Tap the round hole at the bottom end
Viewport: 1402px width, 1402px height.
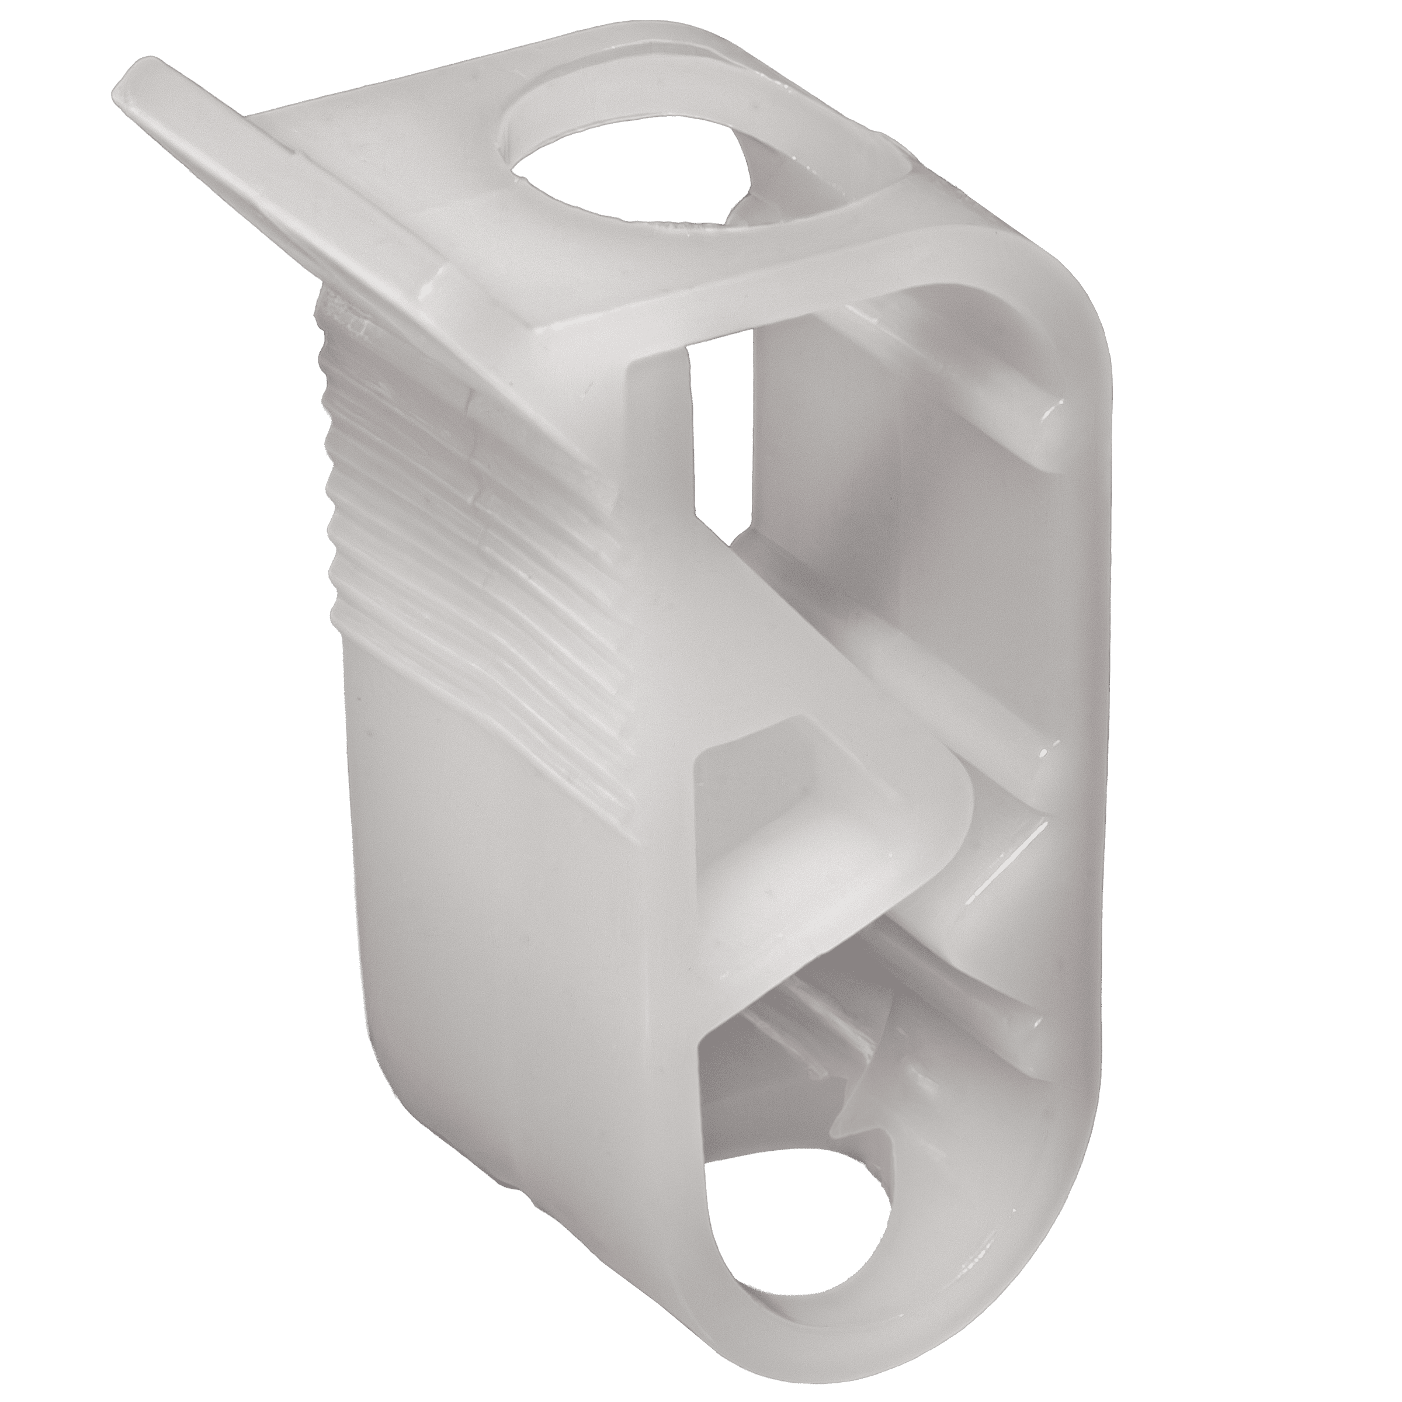click(798, 1190)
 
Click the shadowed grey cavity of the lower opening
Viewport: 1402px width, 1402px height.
click(769, 1052)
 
